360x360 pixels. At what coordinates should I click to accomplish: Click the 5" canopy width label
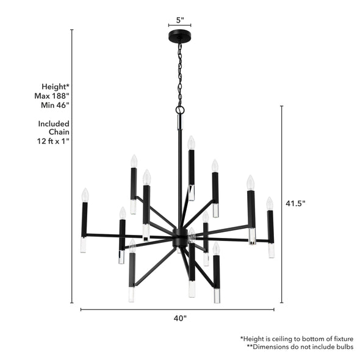[x=179, y=20]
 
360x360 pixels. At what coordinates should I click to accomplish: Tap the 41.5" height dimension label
[x=295, y=203]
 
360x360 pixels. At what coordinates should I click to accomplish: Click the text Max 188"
[x=52, y=96]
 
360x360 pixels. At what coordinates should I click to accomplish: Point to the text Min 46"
[x=54, y=105]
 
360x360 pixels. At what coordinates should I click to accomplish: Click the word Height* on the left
[x=56, y=87]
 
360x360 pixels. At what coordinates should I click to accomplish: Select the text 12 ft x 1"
[x=53, y=141]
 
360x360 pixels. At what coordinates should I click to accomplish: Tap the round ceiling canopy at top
[x=179, y=37]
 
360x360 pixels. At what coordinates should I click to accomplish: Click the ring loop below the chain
[x=180, y=110]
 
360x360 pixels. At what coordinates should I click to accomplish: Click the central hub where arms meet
[x=180, y=236]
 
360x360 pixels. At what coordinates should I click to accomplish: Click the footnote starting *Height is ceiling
[x=297, y=338]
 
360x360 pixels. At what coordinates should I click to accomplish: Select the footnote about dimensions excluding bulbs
[x=300, y=347]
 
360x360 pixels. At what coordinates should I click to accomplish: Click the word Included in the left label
[x=54, y=123]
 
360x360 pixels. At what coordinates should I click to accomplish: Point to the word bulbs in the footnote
[x=342, y=347]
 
